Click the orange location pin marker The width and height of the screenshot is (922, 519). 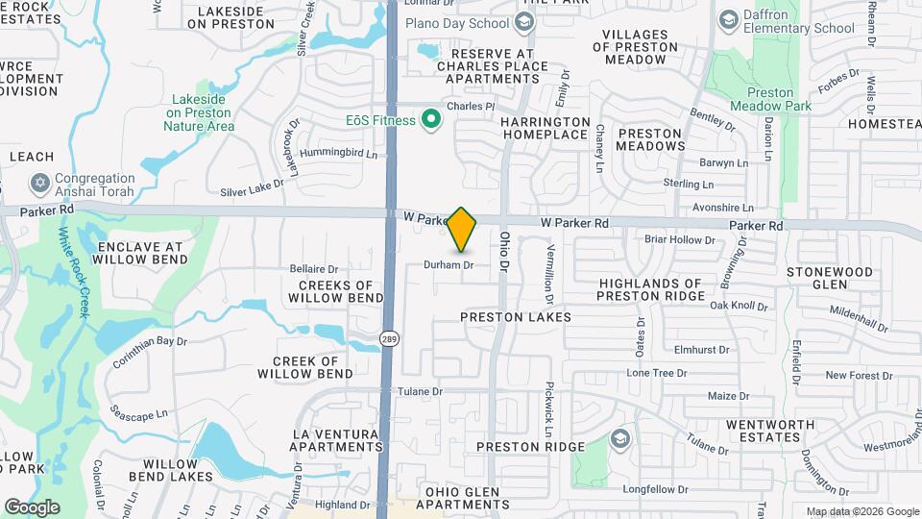point(462,230)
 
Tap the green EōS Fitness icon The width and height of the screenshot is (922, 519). point(431,120)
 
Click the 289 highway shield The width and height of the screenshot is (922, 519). point(390,338)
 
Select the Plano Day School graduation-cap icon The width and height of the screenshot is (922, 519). point(524,23)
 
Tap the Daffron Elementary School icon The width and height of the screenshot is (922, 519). point(728,19)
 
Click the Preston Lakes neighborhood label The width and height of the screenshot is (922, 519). point(515,316)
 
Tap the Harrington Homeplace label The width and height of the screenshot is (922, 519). point(544,128)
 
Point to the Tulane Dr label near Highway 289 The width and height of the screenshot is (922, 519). point(422,391)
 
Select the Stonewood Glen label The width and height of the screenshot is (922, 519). point(830,278)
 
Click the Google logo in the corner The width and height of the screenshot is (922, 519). point(32,507)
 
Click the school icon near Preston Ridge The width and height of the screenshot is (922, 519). point(619,438)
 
